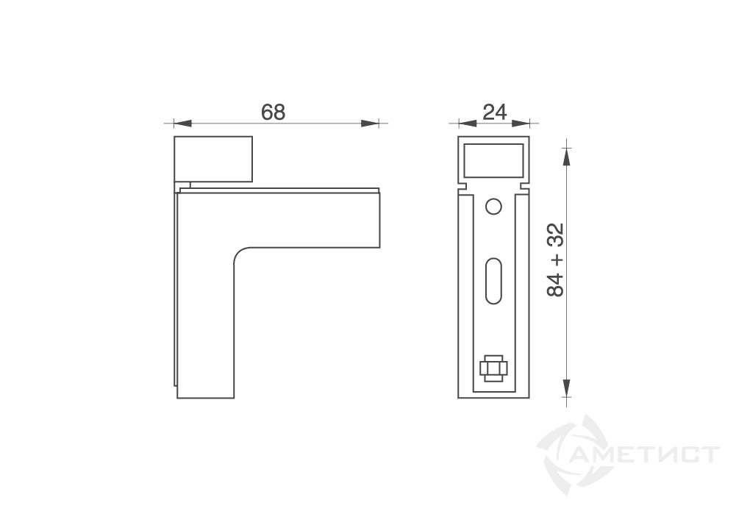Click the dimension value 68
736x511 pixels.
(274, 112)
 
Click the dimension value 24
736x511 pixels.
(495, 112)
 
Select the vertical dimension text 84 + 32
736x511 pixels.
(555, 260)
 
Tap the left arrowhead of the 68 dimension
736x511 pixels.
(182, 124)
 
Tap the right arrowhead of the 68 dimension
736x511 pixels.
(370, 124)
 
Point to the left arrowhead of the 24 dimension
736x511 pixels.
(467, 124)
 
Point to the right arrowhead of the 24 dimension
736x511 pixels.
(521, 124)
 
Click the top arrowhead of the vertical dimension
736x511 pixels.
(567, 157)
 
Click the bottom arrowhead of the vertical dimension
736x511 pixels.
(567, 388)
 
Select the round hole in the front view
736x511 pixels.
(493, 207)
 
